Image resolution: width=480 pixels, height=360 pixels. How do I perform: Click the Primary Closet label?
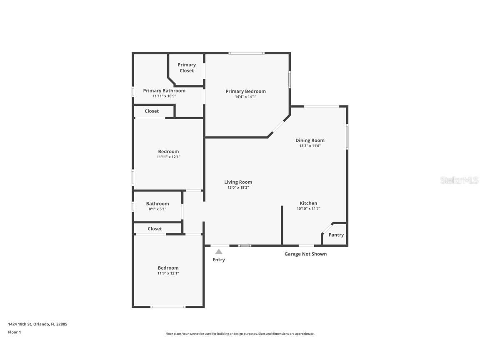pos(187,68)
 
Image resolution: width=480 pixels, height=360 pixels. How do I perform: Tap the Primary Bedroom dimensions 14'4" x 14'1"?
pos(245,97)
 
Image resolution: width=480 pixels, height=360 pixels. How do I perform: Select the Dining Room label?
pos(310,140)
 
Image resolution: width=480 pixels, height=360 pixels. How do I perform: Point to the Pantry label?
pos(336,235)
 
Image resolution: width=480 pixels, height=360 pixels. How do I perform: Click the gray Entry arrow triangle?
pos(219,252)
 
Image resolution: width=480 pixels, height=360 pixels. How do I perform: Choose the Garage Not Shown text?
pos(305,254)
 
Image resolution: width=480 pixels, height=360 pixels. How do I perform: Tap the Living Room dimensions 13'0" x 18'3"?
pos(238,187)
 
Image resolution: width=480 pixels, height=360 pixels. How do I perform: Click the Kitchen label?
pos(308,203)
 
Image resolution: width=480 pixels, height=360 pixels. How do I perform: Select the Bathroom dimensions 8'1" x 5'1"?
pos(157,209)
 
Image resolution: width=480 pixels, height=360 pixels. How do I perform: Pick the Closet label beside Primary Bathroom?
pos(152,111)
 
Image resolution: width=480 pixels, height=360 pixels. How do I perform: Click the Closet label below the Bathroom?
pos(155,229)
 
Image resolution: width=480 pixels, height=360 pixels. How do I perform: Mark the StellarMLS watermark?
pos(460,180)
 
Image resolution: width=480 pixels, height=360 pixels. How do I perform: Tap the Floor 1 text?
pos(14,332)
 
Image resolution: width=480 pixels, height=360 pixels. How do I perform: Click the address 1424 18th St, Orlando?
pos(37,324)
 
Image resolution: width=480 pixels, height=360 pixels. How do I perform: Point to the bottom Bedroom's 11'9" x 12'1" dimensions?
pos(168,273)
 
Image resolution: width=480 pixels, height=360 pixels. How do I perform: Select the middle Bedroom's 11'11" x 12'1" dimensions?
pos(168,157)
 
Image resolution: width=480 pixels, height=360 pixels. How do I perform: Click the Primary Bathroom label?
pos(164,91)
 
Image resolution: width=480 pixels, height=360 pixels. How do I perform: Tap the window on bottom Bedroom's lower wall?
pos(168,307)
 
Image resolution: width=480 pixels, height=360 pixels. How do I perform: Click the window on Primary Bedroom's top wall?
pos(246,53)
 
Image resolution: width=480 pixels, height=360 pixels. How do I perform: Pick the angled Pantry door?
pos(328,228)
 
